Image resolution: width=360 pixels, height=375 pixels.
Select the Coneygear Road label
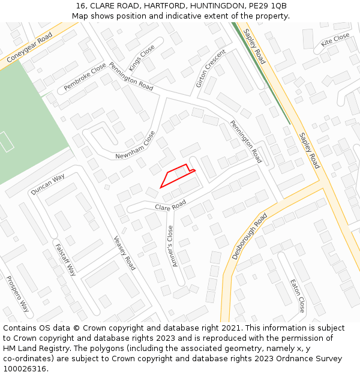pos(29,47)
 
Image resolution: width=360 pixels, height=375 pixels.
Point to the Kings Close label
pos(142,58)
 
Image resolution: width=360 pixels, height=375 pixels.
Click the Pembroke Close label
pos(85,77)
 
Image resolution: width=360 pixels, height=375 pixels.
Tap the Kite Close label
pos(335,40)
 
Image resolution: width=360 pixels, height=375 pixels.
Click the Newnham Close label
pos(135,145)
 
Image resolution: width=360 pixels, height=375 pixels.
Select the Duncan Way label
pos(47,185)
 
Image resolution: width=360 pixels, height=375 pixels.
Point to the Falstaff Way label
pos(65,259)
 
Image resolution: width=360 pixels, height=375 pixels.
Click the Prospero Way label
pos(17,293)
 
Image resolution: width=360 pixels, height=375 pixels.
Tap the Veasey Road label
pos(124,252)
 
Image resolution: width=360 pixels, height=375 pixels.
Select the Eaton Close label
pos(298,296)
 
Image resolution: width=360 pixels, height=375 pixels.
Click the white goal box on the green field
pos(6,142)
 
